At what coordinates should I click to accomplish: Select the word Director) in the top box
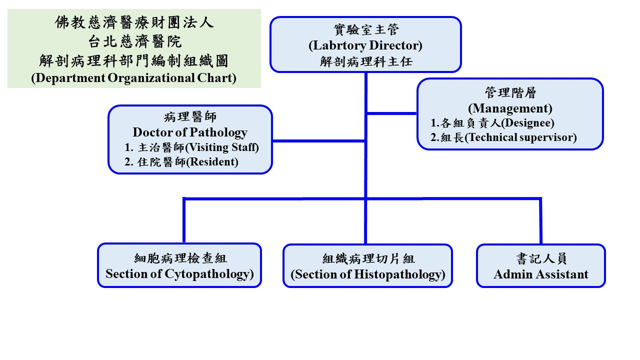point(395,45)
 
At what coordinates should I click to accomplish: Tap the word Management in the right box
point(510,108)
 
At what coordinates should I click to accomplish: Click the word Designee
point(527,123)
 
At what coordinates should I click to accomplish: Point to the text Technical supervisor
point(520,137)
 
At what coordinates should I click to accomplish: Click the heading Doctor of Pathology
point(190,132)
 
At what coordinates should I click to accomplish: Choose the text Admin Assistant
point(541,274)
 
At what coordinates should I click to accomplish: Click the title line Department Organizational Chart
point(133,78)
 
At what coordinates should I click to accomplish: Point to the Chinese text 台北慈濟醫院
point(134,41)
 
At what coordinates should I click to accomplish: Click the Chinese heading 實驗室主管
point(366,29)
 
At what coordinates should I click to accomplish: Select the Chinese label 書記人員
point(541,258)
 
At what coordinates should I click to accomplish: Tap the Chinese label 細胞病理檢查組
point(180,258)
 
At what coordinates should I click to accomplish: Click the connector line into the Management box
point(391,113)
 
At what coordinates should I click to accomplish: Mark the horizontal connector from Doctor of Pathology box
point(319,141)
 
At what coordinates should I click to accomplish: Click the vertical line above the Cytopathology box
point(184,220)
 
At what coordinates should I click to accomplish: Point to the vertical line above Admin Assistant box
point(541,221)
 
